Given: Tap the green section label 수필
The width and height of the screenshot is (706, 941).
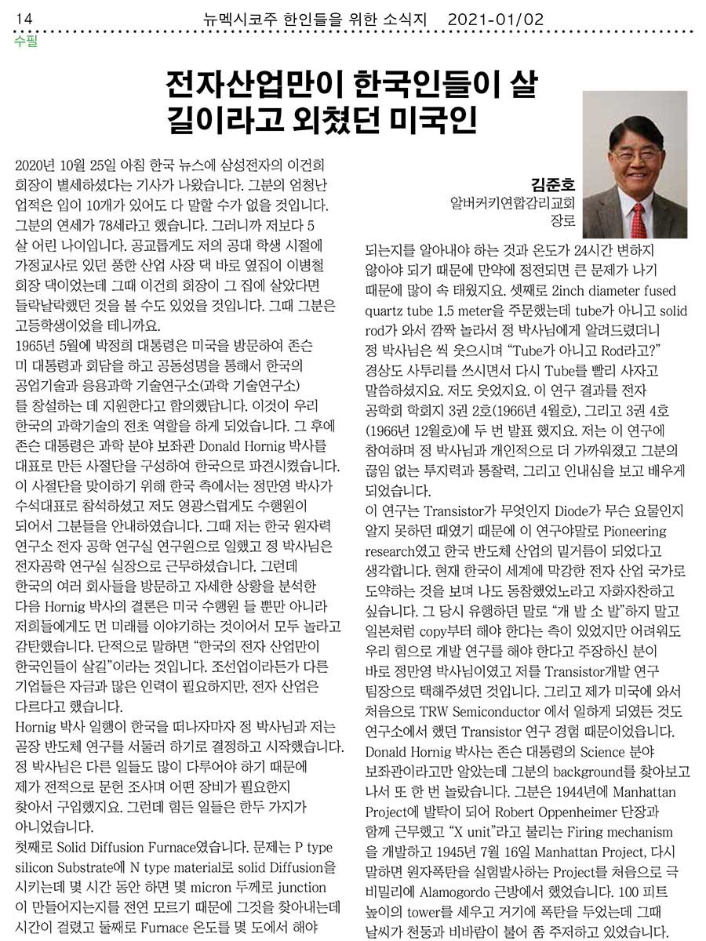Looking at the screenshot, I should pyautogui.click(x=25, y=41).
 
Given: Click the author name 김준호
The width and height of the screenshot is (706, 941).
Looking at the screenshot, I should pyautogui.click(x=553, y=186).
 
